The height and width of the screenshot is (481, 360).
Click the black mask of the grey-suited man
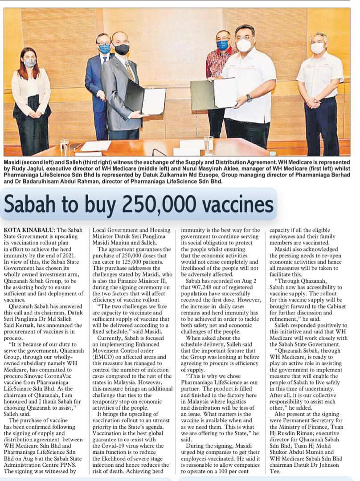[121, 49]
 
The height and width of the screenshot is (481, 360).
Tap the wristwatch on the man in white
[249, 98]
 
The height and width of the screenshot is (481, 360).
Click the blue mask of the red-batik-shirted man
[222, 45]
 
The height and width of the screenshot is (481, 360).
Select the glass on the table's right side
[209, 145]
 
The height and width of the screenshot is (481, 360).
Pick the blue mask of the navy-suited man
[105, 48]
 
